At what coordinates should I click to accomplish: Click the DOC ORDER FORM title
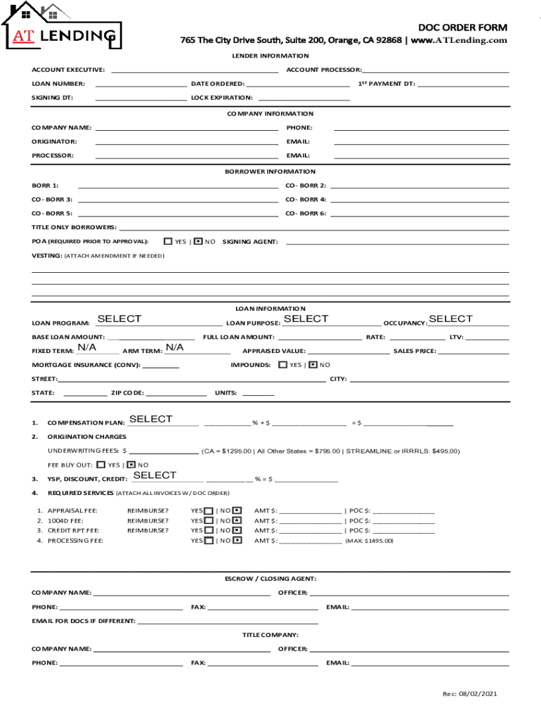[462, 27]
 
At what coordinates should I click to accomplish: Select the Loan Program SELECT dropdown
[119, 319]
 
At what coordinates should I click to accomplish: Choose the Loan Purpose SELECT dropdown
[306, 319]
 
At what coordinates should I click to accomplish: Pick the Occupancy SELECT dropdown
[450, 319]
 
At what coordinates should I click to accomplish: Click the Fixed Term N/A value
[86, 348]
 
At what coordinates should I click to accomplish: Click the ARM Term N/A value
[174, 348]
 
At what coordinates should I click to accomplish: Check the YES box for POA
[168, 241]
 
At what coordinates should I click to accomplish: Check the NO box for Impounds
[314, 365]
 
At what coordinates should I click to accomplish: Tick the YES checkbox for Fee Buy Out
[100, 465]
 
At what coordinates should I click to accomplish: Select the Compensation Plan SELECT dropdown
[150, 419]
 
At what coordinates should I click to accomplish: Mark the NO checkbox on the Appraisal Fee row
[237, 510]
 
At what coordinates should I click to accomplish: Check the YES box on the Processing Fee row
[209, 541]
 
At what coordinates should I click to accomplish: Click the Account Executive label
[68, 70]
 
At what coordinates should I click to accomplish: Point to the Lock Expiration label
[221, 98]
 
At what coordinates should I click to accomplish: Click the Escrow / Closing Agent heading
[270, 579]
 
